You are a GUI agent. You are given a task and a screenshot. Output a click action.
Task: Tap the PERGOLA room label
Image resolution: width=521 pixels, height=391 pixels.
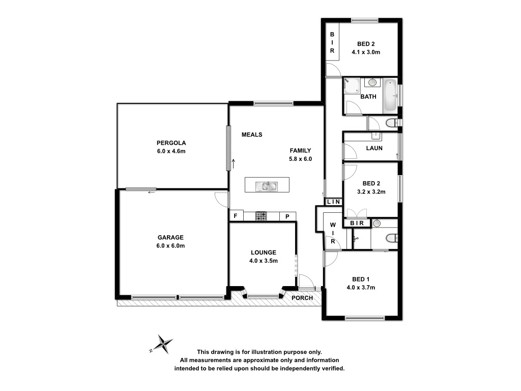pyautogui.click(x=171, y=143)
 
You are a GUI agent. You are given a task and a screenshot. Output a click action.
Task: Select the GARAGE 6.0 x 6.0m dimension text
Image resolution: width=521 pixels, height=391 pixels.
pyautogui.click(x=171, y=246)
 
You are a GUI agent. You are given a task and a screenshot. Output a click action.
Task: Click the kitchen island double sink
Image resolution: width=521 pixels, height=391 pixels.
pyautogui.click(x=267, y=186)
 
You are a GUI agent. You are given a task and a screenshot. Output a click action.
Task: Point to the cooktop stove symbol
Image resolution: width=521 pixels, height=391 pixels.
pyautogui.click(x=261, y=216)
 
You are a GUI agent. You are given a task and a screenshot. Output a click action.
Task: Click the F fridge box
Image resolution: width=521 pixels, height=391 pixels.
pyautogui.click(x=236, y=216)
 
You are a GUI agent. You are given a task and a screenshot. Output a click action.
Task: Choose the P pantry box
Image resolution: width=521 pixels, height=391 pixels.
pyautogui.click(x=287, y=216)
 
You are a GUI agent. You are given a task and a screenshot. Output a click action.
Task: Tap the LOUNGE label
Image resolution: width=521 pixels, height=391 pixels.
pyautogui.click(x=264, y=253)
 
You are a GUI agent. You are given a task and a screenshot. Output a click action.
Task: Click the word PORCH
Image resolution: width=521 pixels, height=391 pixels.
pyautogui.click(x=302, y=298)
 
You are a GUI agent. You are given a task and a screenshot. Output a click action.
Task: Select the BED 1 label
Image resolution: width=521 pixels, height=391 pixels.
pyautogui.click(x=361, y=280)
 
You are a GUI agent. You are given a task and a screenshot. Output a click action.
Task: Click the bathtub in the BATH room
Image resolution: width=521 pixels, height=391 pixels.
pyautogui.click(x=390, y=96)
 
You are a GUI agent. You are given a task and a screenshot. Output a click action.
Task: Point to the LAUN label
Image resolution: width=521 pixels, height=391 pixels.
pyautogui.click(x=374, y=148)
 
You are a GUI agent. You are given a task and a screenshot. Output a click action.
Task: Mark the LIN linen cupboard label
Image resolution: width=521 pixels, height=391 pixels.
pyautogui.click(x=334, y=202)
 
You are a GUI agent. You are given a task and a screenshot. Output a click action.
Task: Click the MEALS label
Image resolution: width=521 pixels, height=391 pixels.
pyautogui.click(x=252, y=134)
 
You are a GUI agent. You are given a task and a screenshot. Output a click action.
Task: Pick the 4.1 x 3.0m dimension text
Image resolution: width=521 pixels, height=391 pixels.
pyautogui.click(x=366, y=52)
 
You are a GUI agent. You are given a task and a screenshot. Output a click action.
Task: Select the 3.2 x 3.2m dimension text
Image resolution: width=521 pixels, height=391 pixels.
pyautogui.click(x=371, y=192)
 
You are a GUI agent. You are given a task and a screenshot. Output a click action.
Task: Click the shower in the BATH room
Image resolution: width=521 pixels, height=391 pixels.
pyautogui.click(x=352, y=86)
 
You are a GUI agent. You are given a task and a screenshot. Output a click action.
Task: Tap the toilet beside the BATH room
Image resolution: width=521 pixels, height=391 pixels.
pyautogui.click(x=392, y=123)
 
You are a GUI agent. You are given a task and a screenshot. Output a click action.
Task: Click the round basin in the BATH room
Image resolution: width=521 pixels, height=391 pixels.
pyautogui.click(x=372, y=82)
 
